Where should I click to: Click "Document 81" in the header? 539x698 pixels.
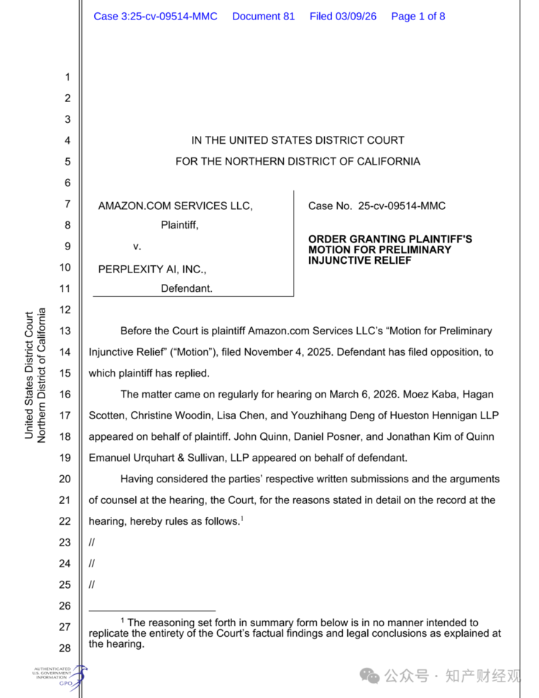(263, 16)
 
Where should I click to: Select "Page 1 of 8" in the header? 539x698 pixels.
(418, 16)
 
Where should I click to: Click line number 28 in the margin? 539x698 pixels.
(65, 648)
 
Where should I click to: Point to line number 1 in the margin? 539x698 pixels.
(68, 77)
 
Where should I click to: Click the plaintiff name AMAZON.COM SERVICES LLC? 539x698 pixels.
(175, 206)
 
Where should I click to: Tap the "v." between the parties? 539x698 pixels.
(137, 246)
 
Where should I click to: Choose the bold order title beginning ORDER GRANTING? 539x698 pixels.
(390, 249)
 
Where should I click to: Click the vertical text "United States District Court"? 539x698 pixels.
(29, 375)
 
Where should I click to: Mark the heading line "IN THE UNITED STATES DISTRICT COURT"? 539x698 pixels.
(298, 140)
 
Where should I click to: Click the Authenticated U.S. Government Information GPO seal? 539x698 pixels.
(60, 676)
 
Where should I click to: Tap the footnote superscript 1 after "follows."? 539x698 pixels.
(241, 518)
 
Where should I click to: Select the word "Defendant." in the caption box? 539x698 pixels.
(186, 288)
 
